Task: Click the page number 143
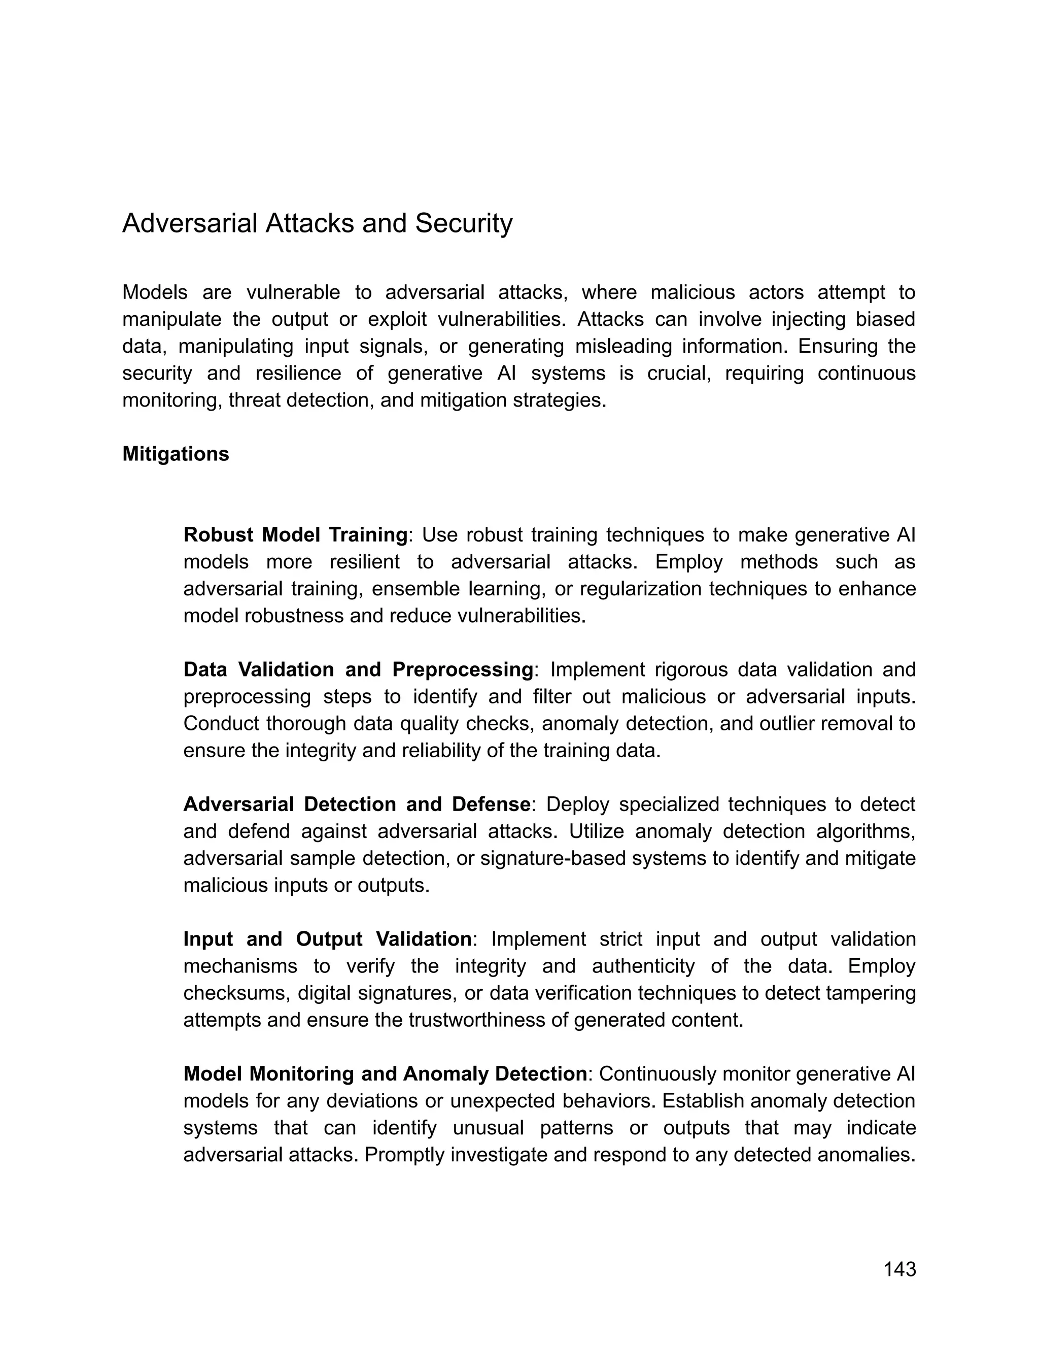899,1269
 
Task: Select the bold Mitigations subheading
176,454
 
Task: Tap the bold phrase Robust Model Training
295,534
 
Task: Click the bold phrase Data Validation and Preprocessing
358,669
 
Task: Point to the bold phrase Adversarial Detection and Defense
356,804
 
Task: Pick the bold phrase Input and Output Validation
327,938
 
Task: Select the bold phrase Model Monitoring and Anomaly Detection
385,1073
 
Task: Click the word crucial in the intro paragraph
678,373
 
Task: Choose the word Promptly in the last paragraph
404,1155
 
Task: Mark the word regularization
641,589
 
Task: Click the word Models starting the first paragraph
155,292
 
